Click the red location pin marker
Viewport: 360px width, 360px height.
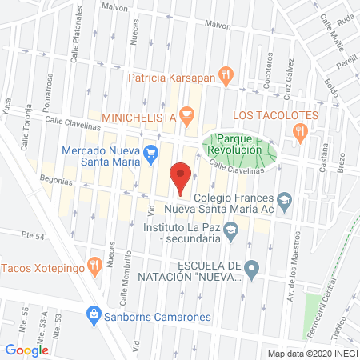(181, 177)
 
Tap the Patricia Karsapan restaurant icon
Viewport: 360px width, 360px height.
(226, 78)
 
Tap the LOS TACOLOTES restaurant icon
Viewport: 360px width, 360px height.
(300, 133)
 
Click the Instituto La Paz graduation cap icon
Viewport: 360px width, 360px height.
(230, 232)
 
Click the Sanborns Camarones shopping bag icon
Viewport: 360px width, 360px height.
(94, 314)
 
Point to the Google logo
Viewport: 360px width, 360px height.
(27, 350)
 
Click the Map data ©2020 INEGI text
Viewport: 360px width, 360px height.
(312, 354)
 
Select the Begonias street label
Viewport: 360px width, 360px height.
(49, 182)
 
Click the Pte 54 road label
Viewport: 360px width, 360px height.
(34, 234)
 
